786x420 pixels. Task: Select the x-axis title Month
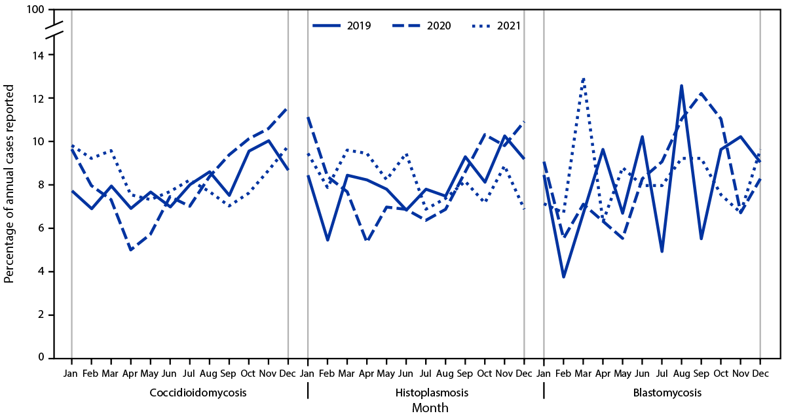tap(430, 408)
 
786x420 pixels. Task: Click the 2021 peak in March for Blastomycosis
tap(583, 78)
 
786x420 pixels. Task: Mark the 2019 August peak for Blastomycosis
tap(681, 85)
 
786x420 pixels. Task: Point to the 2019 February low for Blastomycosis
tap(563, 277)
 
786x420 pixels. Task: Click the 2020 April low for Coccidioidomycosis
tap(131, 250)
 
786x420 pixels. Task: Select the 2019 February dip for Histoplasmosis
tap(327, 240)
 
